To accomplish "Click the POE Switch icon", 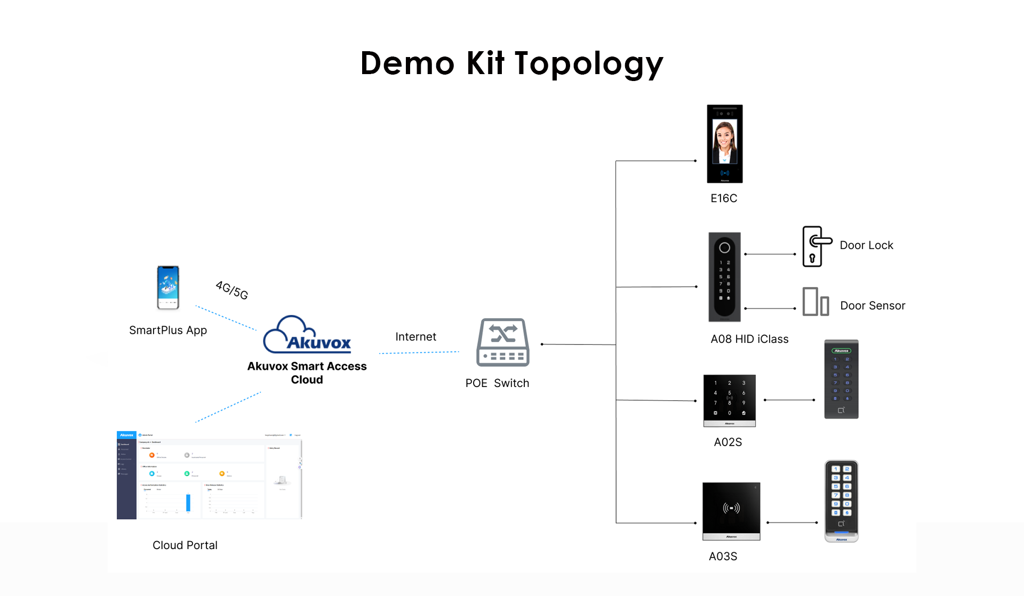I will tap(502, 343).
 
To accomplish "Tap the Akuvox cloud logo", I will tap(307, 335).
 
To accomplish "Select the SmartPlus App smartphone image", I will tap(168, 287).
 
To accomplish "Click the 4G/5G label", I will tap(232, 290).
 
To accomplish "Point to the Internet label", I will tap(415, 337).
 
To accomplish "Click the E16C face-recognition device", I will tap(724, 144).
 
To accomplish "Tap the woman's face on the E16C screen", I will tap(724, 136).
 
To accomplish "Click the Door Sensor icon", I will tap(815, 302).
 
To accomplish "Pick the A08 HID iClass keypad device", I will tap(724, 277).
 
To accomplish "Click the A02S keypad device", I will tap(729, 400).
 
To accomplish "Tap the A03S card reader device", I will tap(731, 511).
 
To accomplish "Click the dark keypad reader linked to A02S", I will tap(841, 379).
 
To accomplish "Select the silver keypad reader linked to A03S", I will tap(841, 501).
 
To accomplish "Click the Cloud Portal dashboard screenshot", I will tap(209, 475).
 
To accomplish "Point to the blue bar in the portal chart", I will tap(188, 503).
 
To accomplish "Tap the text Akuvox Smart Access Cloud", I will tap(307, 373).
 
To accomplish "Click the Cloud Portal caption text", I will tap(185, 545).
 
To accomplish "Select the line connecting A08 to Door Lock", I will tap(770, 254).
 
